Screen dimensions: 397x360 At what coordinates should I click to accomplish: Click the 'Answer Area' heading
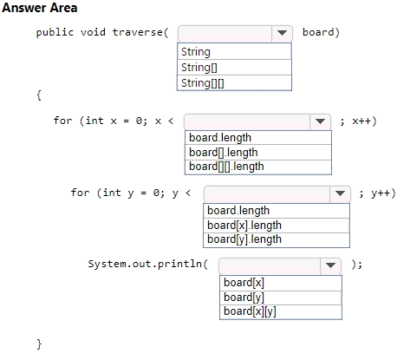coord(40,8)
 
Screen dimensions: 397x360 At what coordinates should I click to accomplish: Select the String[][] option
coord(202,83)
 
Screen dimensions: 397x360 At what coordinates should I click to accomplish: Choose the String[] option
coord(199,68)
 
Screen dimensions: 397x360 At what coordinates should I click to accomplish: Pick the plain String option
coord(196,52)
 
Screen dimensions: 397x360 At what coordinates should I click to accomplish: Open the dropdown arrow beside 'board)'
coord(282,33)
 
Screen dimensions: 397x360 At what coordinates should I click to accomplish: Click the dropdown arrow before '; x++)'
coord(320,121)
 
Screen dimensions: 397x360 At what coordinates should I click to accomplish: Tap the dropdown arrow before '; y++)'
coord(340,193)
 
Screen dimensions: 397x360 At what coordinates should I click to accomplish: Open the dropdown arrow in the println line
coord(330,265)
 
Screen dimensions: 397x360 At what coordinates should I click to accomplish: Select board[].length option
coord(224,153)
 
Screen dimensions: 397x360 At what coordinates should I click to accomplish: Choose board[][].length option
coord(226,167)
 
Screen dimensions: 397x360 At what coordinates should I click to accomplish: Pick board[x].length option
coord(244,226)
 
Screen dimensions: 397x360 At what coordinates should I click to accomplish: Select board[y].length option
coord(244,239)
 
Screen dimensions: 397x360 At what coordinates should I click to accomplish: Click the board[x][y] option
coord(250,311)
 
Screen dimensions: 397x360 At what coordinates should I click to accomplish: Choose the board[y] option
coord(244,298)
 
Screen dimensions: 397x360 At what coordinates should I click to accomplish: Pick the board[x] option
coord(244,283)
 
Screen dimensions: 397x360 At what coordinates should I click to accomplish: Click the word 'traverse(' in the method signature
coord(140,32)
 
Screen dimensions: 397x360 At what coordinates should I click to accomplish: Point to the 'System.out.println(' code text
coord(148,265)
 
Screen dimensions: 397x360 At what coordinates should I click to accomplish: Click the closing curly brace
coord(39,344)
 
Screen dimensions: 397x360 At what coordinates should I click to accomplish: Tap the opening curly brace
coord(39,95)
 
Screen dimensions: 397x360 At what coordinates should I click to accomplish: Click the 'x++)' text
coord(364,121)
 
